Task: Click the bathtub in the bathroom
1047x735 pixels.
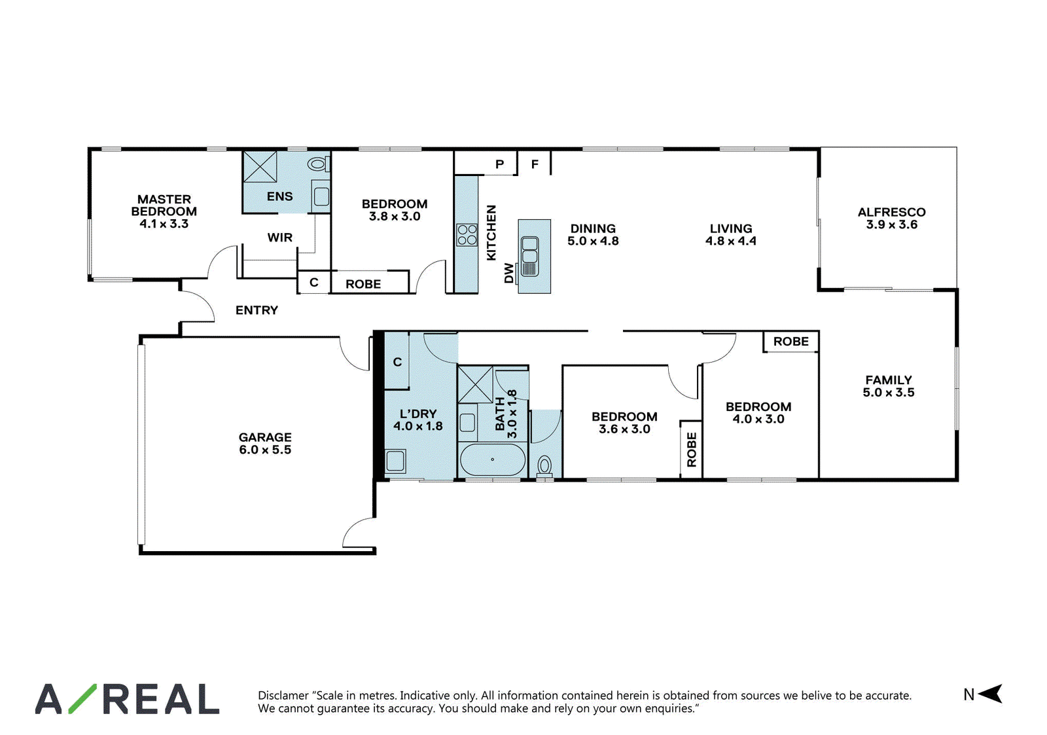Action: [x=492, y=459]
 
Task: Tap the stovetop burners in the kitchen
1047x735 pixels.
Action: [x=467, y=235]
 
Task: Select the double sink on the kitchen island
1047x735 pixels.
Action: [x=529, y=256]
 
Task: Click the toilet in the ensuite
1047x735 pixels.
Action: [x=318, y=164]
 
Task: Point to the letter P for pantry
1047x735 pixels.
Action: [x=500, y=164]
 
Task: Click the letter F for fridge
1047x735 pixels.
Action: [x=535, y=164]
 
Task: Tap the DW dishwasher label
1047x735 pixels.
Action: [x=509, y=273]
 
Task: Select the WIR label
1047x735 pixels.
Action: [x=279, y=238]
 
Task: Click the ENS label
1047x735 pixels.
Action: [x=279, y=196]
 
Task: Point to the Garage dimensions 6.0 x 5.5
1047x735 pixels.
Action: [x=265, y=450]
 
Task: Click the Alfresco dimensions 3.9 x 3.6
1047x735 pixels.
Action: [x=891, y=224]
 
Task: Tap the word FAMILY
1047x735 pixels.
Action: [x=888, y=380]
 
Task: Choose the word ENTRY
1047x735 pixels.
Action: [x=257, y=310]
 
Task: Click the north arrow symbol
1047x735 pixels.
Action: [x=990, y=694]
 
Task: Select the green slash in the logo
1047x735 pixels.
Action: [x=82, y=698]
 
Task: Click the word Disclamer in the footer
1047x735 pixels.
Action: [x=283, y=695]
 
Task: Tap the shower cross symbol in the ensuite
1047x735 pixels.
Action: [x=260, y=166]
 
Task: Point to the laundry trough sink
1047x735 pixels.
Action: [x=395, y=461]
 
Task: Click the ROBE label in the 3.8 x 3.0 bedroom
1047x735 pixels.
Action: [x=363, y=284]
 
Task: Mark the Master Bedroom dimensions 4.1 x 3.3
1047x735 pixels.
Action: [x=164, y=224]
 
